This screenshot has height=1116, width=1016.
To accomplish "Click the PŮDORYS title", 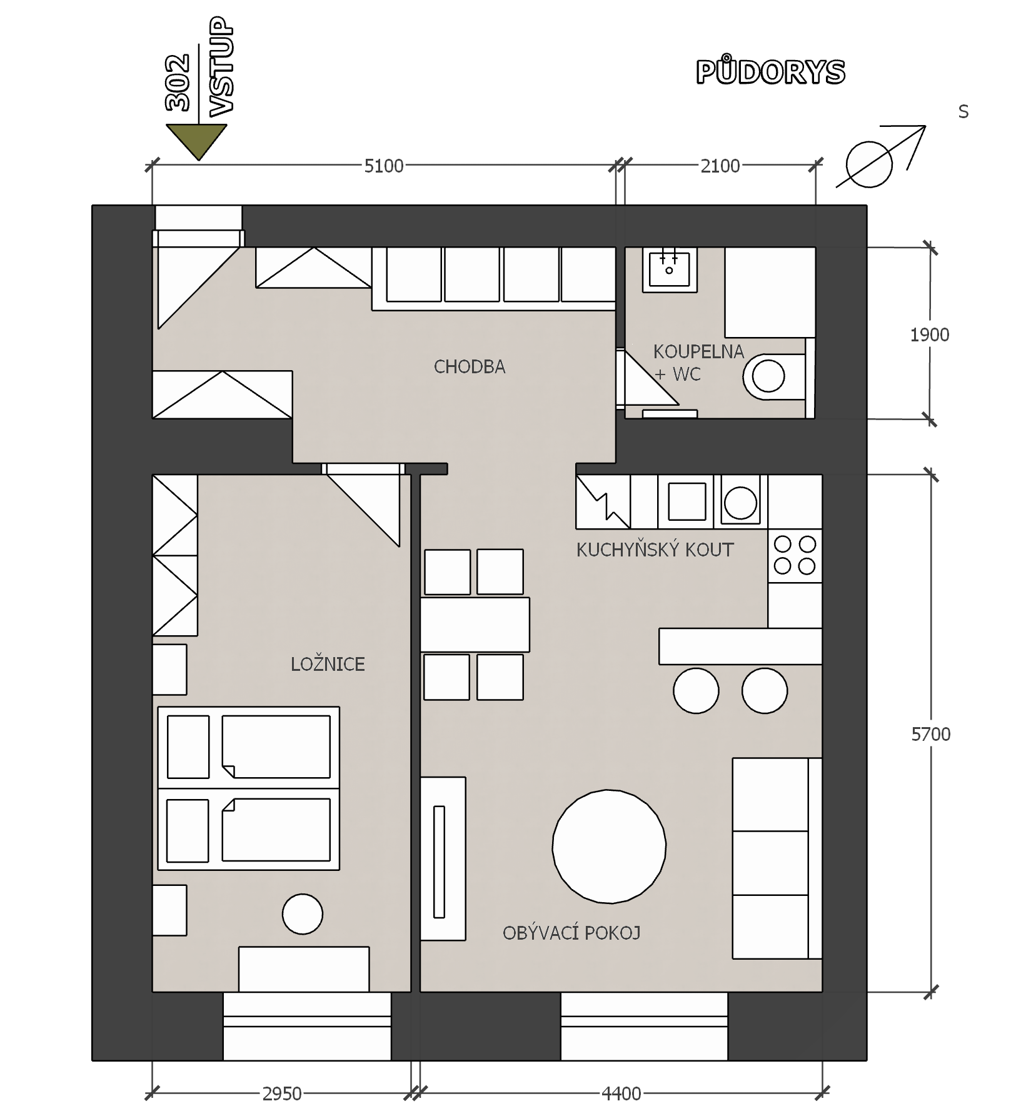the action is (x=770, y=71).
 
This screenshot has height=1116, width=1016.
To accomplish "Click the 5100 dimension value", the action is (x=384, y=166).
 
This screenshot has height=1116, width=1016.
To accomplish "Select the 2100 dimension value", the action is (x=720, y=166).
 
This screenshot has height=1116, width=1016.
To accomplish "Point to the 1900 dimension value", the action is (x=930, y=334).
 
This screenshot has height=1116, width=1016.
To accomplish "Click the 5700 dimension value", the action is (x=930, y=734).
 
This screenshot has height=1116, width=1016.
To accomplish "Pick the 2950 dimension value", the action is (x=281, y=1093).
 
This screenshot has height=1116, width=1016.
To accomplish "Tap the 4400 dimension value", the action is (x=621, y=1093).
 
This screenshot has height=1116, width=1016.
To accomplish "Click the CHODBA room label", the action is (x=470, y=366).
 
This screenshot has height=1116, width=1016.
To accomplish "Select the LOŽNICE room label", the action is (x=328, y=663).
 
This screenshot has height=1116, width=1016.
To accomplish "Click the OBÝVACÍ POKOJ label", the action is (x=571, y=933).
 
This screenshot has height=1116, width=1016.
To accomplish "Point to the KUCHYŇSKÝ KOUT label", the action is (x=655, y=550).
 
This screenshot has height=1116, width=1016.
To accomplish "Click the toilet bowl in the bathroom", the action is (x=774, y=377).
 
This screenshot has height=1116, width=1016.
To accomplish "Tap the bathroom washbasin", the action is (x=670, y=269).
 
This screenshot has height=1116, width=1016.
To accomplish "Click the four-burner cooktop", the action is (x=795, y=555).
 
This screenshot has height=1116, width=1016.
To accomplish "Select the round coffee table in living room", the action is (x=609, y=847).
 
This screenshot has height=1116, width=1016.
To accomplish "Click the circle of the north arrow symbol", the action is (x=869, y=164).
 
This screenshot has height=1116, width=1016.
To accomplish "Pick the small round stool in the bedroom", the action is (x=303, y=914).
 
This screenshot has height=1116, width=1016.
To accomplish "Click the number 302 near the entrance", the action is (x=178, y=83).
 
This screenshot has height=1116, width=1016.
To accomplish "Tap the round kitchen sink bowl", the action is (x=740, y=503).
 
